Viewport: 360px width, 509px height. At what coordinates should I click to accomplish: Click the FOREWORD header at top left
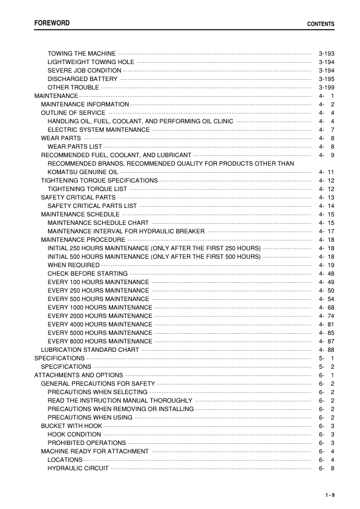(51, 23)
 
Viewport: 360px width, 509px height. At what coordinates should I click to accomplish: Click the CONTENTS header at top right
(321, 24)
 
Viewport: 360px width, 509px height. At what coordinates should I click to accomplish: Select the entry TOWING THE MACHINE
(82, 54)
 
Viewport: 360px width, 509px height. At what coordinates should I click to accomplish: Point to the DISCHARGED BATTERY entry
(83, 79)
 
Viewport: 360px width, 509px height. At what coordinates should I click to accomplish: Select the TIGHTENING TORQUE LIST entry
(87, 189)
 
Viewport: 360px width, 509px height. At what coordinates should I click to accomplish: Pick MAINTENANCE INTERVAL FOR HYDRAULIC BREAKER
(126, 232)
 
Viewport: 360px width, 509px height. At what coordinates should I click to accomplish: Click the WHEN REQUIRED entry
(74, 265)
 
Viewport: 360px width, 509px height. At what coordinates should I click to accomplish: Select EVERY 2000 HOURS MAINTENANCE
(100, 316)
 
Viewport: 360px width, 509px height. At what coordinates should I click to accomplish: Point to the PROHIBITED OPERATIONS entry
(87, 443)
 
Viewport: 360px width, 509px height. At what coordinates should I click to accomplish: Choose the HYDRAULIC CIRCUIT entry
(78, 468)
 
